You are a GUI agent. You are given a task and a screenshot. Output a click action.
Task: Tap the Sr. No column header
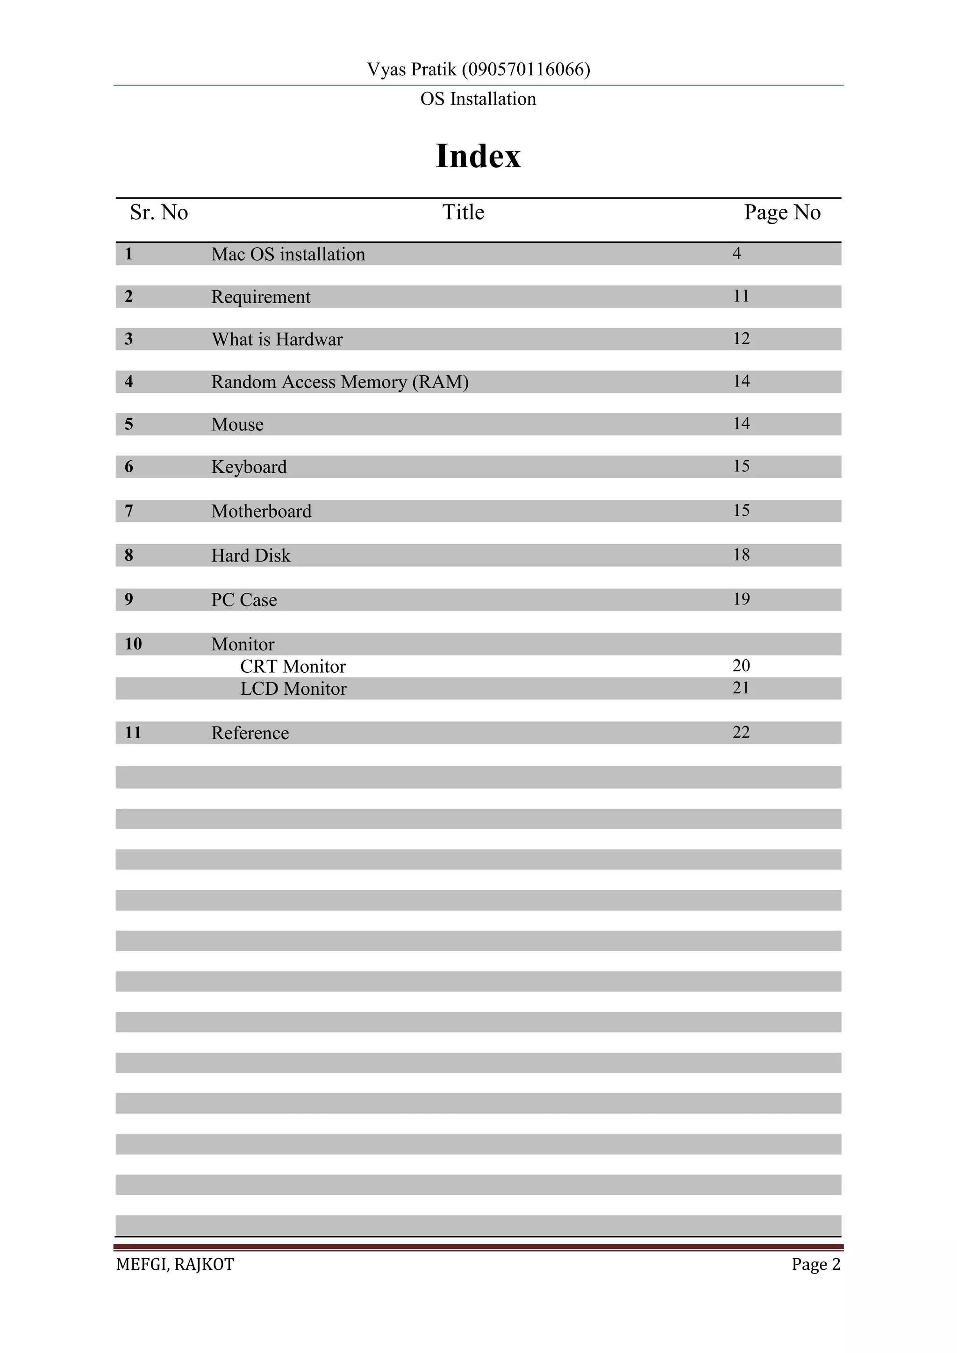click(x=158, y=212)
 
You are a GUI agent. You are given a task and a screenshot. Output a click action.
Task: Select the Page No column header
click(x=782, y=212)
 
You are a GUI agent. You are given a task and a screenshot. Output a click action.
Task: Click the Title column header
click(x=463, y=212)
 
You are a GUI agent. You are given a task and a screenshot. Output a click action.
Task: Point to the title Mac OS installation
click(x=288, y=254)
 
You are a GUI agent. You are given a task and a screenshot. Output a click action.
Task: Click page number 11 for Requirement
click(x=741, y=296)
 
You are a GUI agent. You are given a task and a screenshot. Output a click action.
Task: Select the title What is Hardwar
click(x=277, y=340)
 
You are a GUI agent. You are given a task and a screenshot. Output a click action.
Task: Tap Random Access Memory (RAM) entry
click(x=340, y=382)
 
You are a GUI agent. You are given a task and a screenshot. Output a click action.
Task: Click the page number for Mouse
click(x=741, y=423)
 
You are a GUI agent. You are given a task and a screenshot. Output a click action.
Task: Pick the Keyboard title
click(x=249, y=467)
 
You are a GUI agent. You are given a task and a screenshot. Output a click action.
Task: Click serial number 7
click(x=129, y=511)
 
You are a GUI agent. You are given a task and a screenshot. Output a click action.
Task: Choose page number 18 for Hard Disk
click(x=741, y=555)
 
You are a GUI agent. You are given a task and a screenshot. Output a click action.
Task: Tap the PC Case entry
click(x=244, y=600)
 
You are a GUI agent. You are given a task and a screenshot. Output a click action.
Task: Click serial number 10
click(x=133, y=643)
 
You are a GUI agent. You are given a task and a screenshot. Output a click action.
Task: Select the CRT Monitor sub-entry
click(x=293, y=667)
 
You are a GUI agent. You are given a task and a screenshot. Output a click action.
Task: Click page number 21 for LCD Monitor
click(x=741, y=688)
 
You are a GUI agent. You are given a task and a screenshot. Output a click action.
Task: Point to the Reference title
click(x=250, y=733)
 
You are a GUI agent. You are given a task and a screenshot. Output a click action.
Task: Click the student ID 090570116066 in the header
click(x=526, y=70)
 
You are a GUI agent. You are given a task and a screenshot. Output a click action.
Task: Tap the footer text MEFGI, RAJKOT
click(x=175, y=1265)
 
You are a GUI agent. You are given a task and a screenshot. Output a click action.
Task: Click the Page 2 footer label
click(x=815, y=1265)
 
